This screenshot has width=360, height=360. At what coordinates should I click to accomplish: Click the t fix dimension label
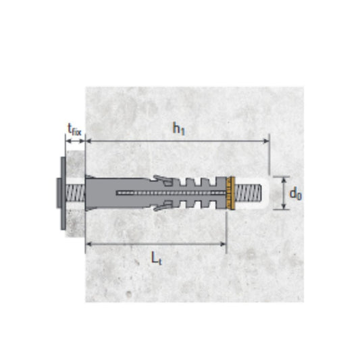click(x=74, y=130)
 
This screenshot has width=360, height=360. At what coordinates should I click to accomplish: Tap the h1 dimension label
click(x=178, y=128)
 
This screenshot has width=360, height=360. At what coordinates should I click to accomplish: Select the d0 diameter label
click(x=296, y=194)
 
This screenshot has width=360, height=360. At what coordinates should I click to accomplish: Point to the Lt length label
click(x=156, y=258)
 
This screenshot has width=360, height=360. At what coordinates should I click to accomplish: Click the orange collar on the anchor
click(x=230, y=193)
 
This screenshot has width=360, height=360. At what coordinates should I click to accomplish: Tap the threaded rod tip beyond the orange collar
click(x=249, y=193)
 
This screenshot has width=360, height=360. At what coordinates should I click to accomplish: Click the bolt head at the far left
click(x=58, y=194)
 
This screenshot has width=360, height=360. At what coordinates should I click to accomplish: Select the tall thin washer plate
click(x=63, y=193)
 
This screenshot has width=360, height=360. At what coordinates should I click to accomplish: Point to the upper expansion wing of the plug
click(x=163, y=180)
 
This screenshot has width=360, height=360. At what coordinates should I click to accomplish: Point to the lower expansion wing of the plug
click(x=163, y=206)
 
